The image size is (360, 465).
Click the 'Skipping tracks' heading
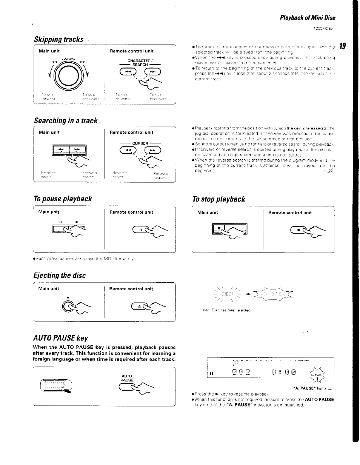click(x=58, y=39)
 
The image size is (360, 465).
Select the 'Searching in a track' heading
click(x=65, y=120)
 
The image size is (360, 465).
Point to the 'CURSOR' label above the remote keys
click(x=139, y=143)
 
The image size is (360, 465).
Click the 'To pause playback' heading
click(x=63, y=199)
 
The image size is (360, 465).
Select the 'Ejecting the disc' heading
click(x=60, y=276)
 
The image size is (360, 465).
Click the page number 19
click(x=342, y=46)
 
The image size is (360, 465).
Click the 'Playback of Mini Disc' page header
click(x=307, y=18)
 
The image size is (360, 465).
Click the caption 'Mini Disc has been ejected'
click(x=226, y=310)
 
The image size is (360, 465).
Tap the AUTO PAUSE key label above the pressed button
click(x=127, y=378)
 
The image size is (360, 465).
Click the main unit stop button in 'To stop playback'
click(x=219, y=228)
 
